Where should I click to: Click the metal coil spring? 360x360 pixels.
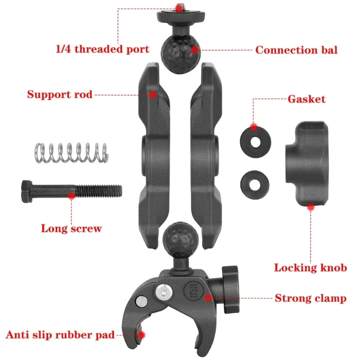click(x=72, y=153)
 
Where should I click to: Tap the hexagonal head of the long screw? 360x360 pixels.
click(x=27, y=191)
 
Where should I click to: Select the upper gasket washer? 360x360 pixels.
click(x=255, y=142)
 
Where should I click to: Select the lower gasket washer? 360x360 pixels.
click(x=255, y=184)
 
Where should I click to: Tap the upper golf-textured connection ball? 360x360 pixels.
click(x=180, y=54)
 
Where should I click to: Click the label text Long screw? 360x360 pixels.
click(x=71, y=229)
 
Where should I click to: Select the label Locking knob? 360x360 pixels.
click(x=310, y=268)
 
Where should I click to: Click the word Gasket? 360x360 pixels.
click(x=306, y=99)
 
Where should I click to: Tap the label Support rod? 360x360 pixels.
click(x=60, y=94)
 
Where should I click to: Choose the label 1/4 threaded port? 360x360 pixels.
click(x=103, y=49)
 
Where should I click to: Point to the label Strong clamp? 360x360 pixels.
click(x=310, y=298)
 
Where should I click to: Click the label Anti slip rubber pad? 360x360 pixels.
click(x=60, y=335)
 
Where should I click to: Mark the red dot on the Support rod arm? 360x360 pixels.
click(x=153, y=94)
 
